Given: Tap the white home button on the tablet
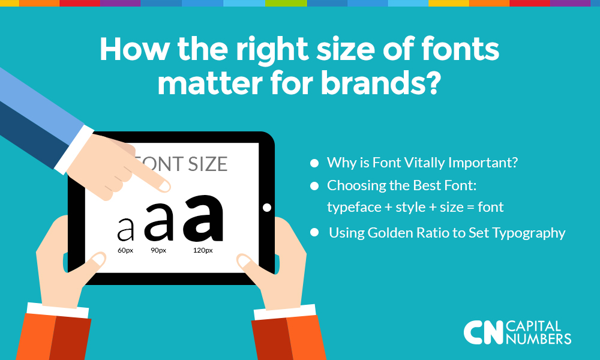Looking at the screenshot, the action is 267,208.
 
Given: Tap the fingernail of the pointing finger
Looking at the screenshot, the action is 164,187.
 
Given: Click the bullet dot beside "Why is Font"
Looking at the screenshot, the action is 314,163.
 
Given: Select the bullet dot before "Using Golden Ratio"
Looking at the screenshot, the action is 314,232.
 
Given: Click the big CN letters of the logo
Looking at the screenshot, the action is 483,332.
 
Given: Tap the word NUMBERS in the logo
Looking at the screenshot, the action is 538,338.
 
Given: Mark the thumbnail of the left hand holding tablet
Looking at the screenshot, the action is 98,259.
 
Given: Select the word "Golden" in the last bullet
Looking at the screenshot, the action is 390,233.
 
